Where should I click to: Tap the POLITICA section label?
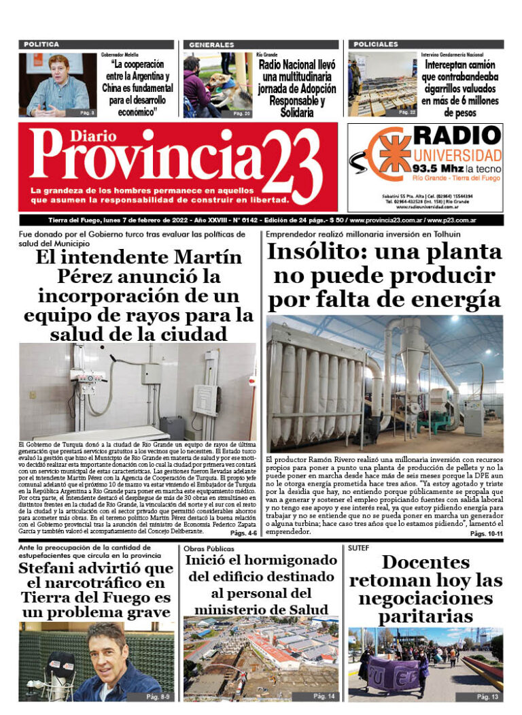[41, 44]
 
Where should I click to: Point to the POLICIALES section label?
[376, 44]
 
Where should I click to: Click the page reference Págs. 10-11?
[485, 534]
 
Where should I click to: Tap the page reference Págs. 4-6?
[242, 533]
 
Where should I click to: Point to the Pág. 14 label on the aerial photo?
[324, 696]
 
